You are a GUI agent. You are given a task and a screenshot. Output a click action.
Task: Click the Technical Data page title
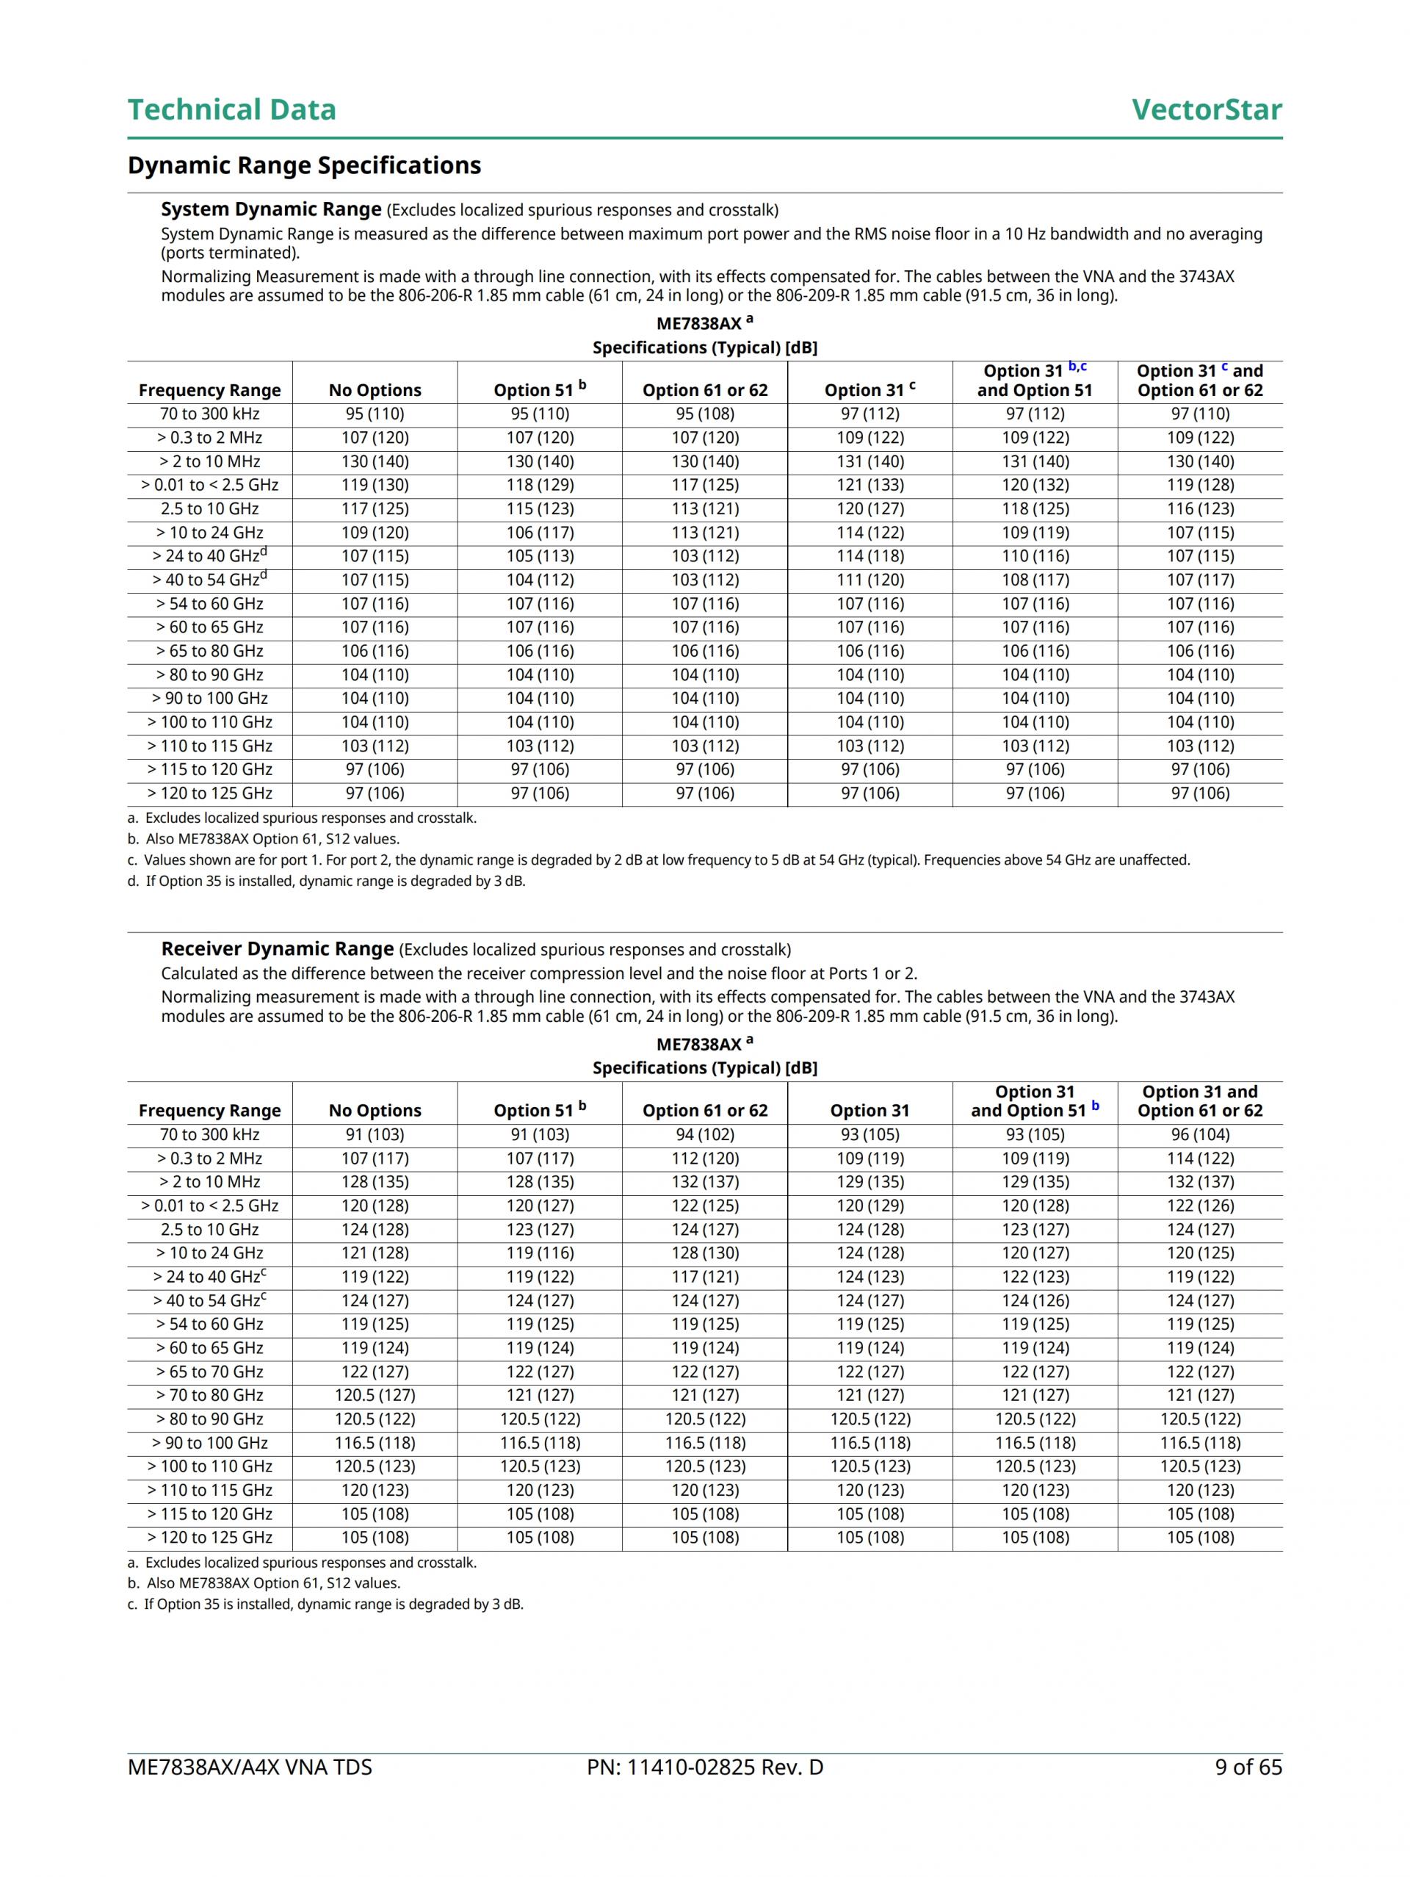(x=231, y=109)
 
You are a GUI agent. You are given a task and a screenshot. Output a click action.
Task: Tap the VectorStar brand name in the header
(x=1206, y=109)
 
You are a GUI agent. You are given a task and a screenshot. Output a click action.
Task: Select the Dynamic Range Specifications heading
(x=304, y=165)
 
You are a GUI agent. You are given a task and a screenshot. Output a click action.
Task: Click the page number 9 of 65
(x=1248, y=1767)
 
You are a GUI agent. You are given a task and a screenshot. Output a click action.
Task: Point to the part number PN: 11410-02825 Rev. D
(x=704, y=1767)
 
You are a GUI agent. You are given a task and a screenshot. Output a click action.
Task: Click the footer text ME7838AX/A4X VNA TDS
(x=250, y=1767)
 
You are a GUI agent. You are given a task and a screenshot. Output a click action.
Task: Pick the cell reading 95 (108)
(x=705, y=414)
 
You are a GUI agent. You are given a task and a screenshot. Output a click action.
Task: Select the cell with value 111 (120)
(x=869, y=580)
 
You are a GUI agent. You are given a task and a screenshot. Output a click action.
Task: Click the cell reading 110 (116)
(x=1034, y=557)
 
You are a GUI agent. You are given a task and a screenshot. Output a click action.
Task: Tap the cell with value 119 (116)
(x=540, y=1253)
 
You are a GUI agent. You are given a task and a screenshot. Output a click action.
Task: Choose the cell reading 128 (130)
(x=705, y=1253)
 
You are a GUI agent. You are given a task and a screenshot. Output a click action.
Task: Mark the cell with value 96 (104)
(x=1200, y=1134)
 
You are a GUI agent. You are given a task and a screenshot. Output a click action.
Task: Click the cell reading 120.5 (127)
(x=374, y=1395)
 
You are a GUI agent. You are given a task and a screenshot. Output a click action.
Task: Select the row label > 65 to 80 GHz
(x=209, y=651)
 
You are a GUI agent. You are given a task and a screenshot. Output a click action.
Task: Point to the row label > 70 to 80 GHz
(x=209, y=1395)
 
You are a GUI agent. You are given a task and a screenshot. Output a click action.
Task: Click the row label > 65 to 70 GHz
(x=209, y=1372)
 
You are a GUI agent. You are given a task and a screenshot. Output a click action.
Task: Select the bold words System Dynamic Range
(x=271, y=209)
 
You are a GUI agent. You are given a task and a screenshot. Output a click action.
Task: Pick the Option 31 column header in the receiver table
(x=869, y=1111)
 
